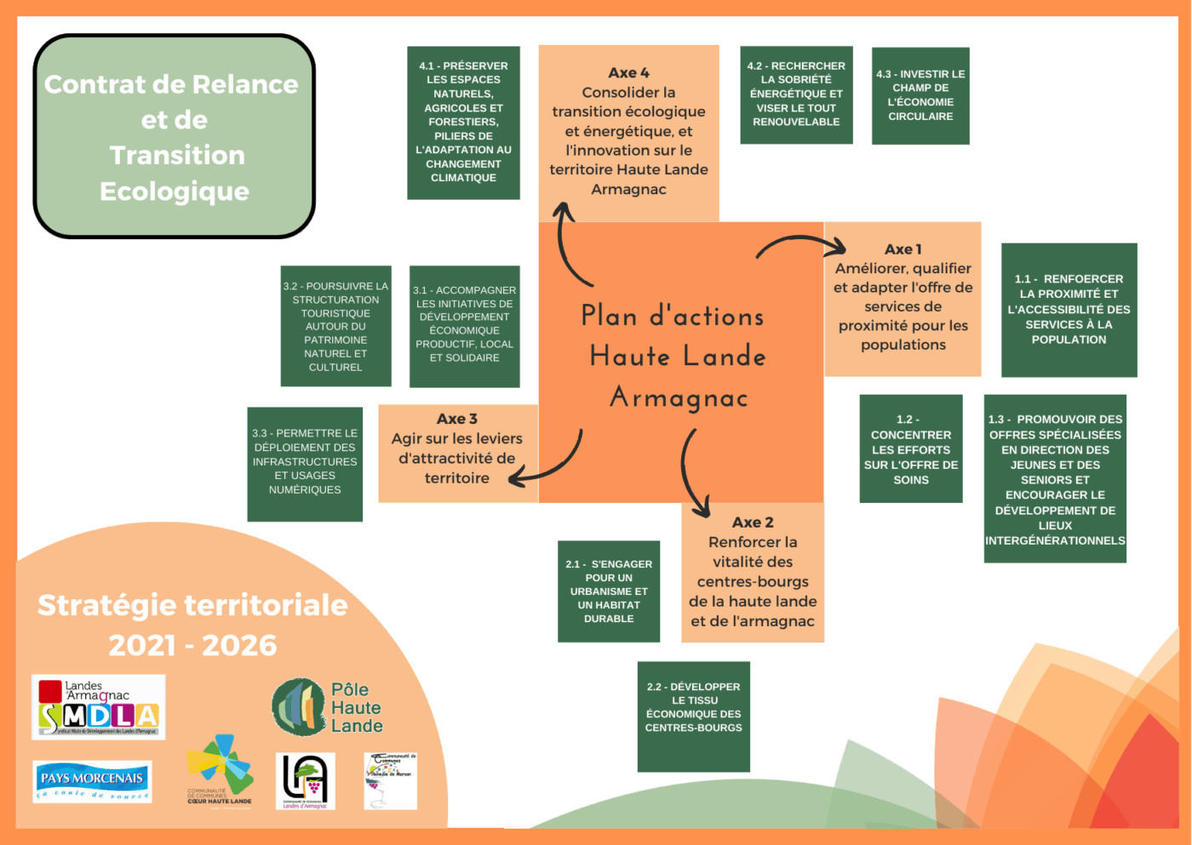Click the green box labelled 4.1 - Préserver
click(x=463, y=123)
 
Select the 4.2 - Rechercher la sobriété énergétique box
click(x=796, y=94)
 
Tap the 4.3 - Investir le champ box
click(x=920, y=95)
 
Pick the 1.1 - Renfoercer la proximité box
click(x=1069, y=310)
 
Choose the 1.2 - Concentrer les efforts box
click(x=911, y=448)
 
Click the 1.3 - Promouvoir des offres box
click(x=1055, y=478)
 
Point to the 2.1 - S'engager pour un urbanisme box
click(x=609, y=591)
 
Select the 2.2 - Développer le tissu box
click(x=693, y=717)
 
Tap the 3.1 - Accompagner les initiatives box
click(x=464, y=326)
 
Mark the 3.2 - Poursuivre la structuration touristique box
click(x=335, y=326)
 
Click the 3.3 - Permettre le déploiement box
click(x=305, y=464)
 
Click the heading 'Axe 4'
click(x=628, y=73)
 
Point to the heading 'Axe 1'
click(x=903, y=249)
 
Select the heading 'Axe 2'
click(x=753, y=522)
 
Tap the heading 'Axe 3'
click(x=456, y=419)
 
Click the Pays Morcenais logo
click(x=92, y=782)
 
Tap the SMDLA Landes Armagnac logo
click(x=98, y=707)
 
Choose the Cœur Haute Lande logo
click(x=220, y=770)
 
